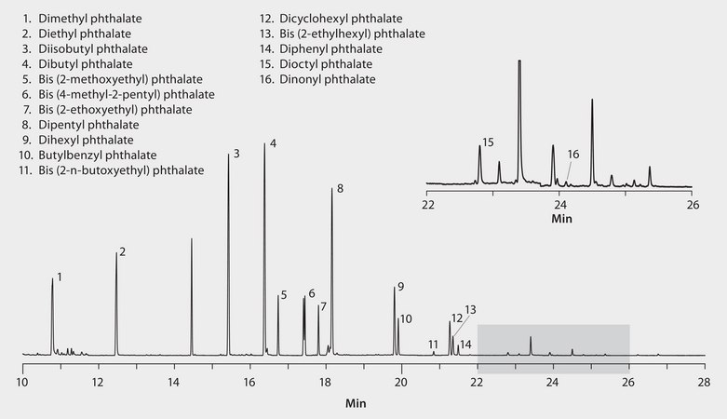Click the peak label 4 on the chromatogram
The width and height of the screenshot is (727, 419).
click(x=273, y=143)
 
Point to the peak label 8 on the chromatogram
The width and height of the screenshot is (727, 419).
click(x=340, y=189)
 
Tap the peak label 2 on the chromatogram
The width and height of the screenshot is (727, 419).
click(x=122, y=251)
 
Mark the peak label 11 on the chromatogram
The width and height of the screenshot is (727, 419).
click(x=433, y=345)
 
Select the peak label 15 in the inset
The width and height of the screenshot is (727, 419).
click(x=488, y=142)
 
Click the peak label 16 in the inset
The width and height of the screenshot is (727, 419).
click(x=573, y=155)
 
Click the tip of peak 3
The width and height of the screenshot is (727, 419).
click(x=228, y=153)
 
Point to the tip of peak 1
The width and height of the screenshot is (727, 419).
click(x=52, y=278)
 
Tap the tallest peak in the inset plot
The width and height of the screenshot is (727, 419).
click(x=519, y=61)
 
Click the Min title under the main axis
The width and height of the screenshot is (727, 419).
click(x=356, y=403)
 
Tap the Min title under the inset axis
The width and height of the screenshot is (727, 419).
click(x=560, y=220)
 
